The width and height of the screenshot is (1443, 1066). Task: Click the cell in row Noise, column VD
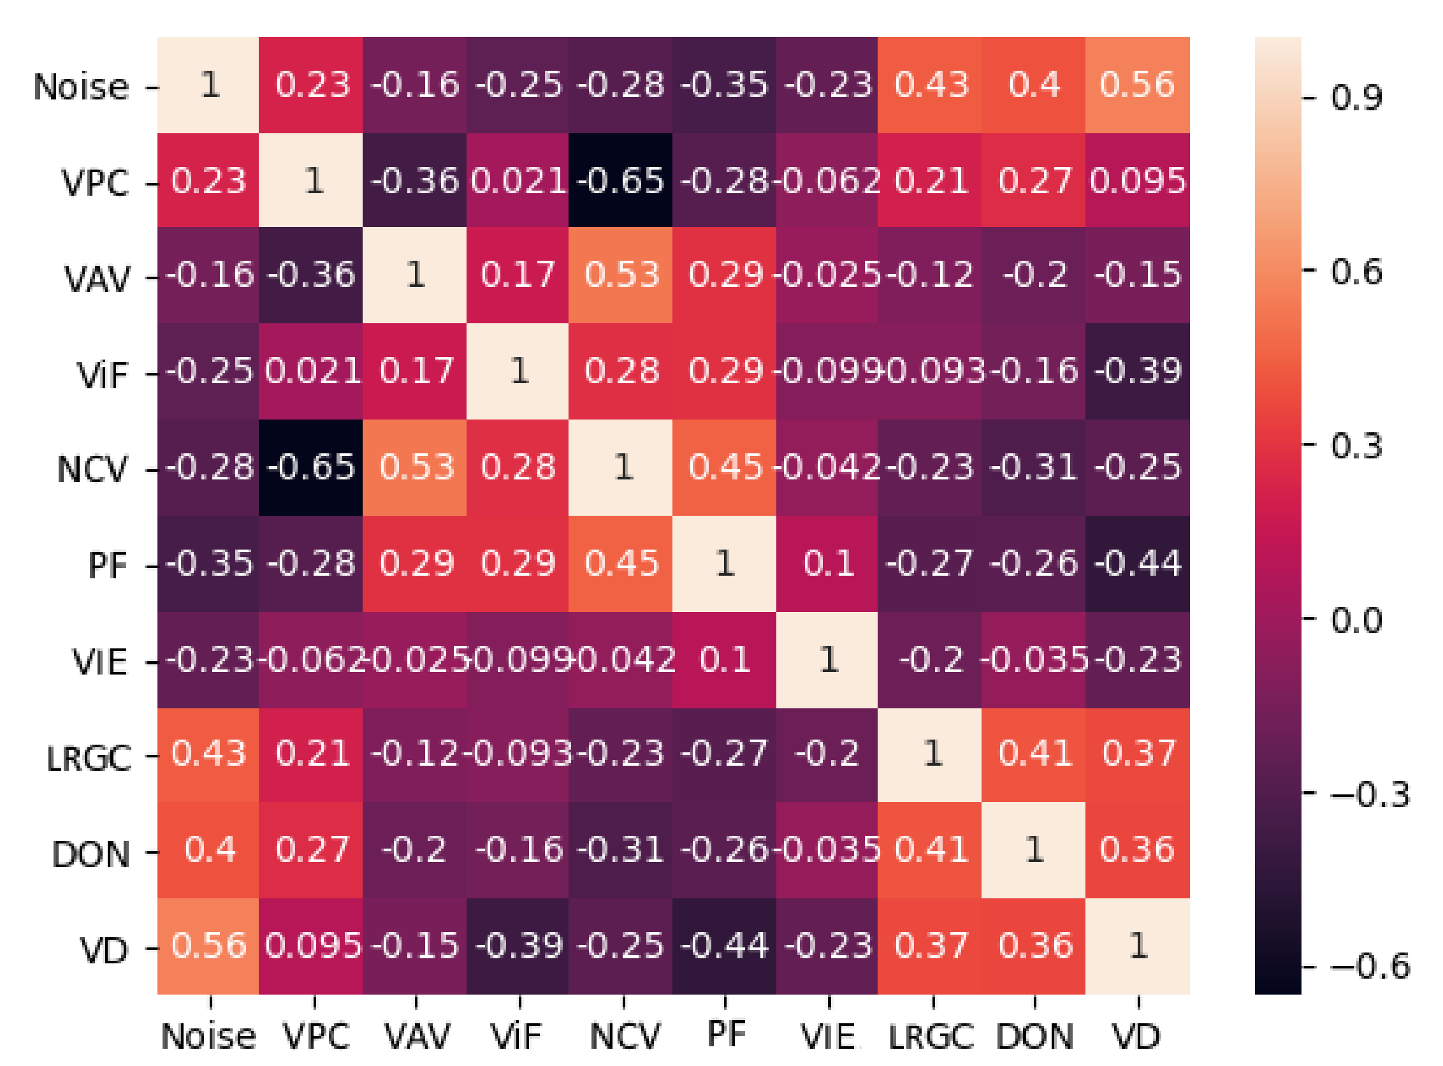[1137, 85]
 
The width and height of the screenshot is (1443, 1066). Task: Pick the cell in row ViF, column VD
[1137, 371]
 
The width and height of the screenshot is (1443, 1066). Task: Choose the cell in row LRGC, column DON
[1033, 754]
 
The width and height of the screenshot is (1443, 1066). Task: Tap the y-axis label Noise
[82, 87]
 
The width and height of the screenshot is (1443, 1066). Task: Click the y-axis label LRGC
[89, 757]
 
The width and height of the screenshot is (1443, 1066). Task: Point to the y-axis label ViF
[103, 375]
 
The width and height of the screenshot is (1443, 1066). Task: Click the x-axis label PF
[726, 1033]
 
